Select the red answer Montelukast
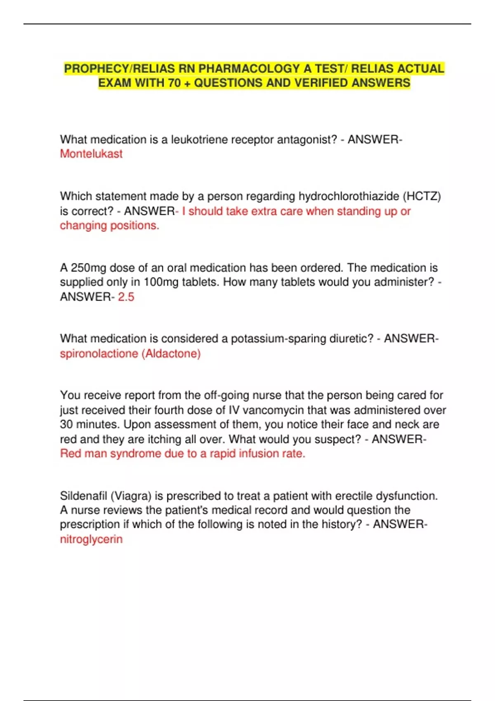pyautogui.click(x=91, y=154)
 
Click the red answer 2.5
pyautogui.click(x=126, y=297)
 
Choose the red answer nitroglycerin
pyautogui.click(x=91, y=539)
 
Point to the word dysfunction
pyautogui.click(x=407, y=496)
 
